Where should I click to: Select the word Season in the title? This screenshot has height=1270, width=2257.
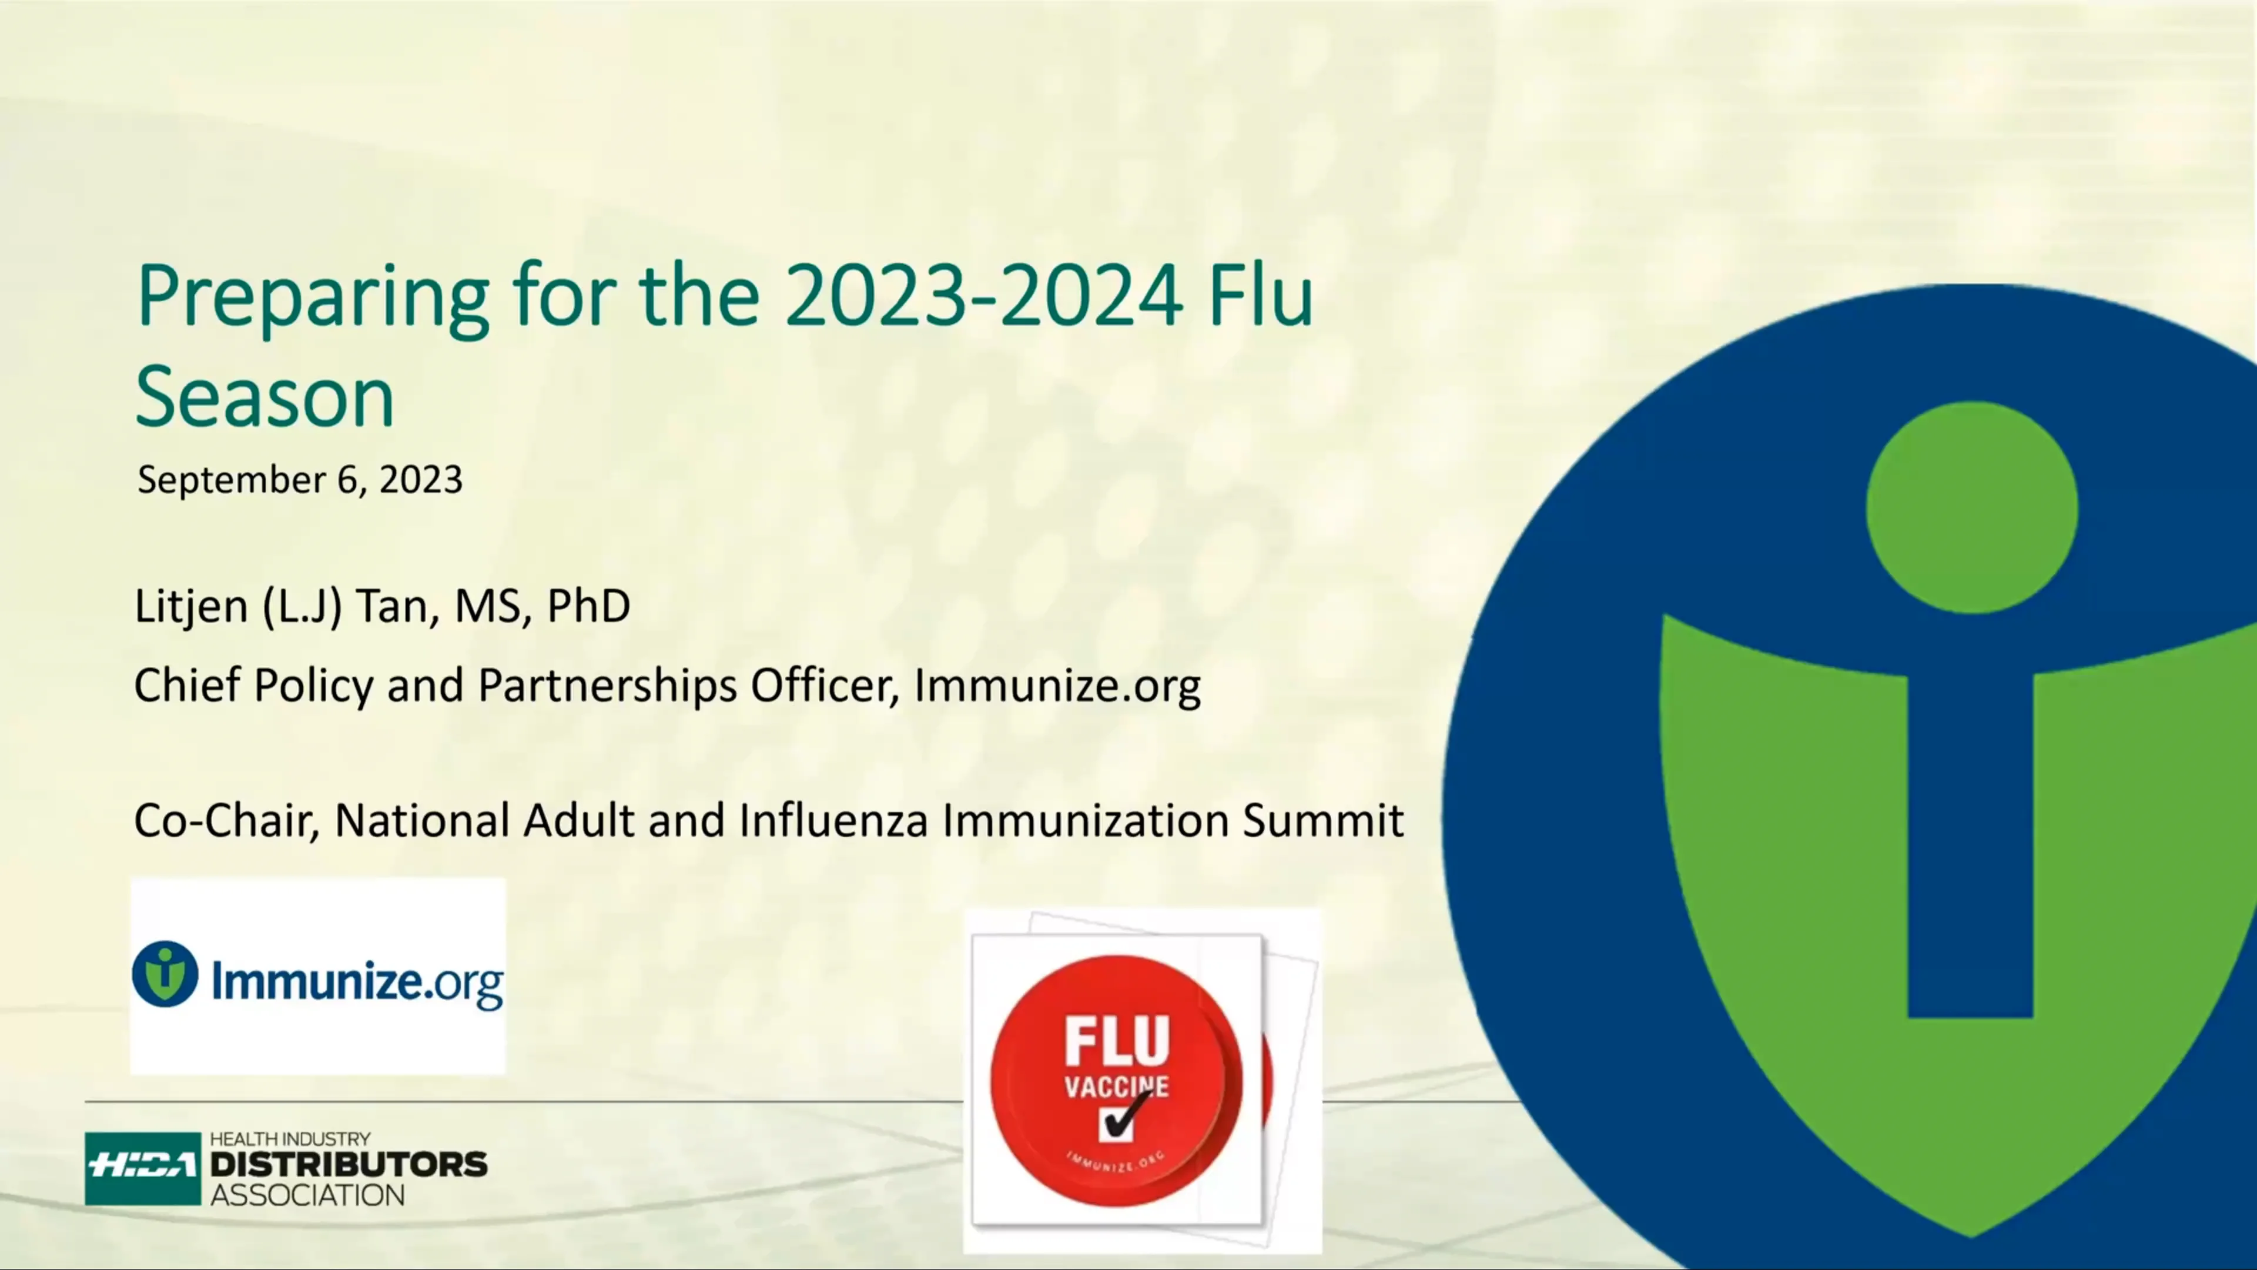264,399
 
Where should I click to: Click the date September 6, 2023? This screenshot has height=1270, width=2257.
300,479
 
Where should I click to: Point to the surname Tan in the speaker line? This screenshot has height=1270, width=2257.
396,606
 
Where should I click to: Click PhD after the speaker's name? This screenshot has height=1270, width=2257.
588,606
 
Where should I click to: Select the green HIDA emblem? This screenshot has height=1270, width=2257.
143,1168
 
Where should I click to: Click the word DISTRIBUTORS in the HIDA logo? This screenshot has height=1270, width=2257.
348,1165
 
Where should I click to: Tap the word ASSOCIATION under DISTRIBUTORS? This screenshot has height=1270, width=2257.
307,1195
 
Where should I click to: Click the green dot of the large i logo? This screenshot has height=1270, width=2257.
1971,509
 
